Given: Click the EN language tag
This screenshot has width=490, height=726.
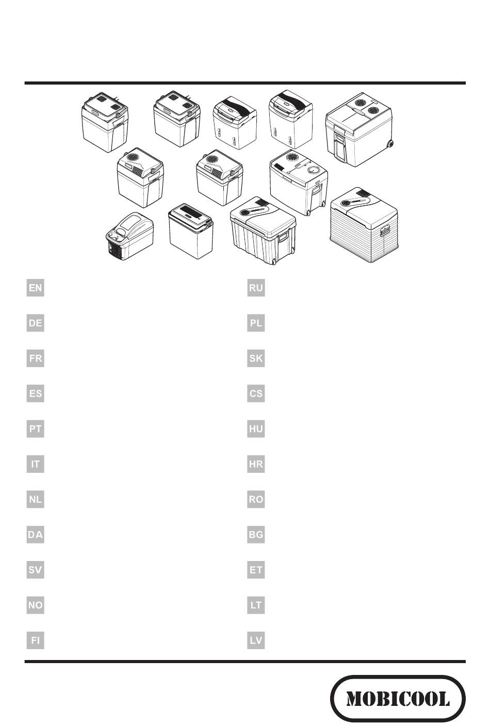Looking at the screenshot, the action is [x=36, y=288].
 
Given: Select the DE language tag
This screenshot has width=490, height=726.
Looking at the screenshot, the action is [x=36, y=323].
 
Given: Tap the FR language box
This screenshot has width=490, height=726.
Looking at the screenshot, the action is [x=36, y=358].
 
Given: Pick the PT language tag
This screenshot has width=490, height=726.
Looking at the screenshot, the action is [x=36, y=429].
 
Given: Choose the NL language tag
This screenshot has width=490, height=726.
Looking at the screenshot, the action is [x=36, y=499].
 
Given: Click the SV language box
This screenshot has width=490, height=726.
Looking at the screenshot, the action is [x=36, y=570].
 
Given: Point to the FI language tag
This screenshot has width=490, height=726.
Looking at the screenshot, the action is [x=36, y=640].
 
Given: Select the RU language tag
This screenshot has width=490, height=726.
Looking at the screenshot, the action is [x=256, y=288].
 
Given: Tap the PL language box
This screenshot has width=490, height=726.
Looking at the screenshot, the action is [x=256, y=323].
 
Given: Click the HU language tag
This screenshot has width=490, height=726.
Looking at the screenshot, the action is [x=256, y=429].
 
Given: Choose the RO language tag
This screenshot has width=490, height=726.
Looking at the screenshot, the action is [x=256, y=499].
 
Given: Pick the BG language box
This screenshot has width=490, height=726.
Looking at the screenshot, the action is [x=256, y=535].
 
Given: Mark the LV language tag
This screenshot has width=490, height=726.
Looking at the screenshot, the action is [x=256, y=640].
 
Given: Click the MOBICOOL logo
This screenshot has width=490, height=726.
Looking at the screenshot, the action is [x=398, y=698].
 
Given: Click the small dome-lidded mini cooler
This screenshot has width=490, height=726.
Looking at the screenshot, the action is [x=129, y=236].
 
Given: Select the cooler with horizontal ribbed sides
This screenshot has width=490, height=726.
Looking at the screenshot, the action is [x=364, y=225].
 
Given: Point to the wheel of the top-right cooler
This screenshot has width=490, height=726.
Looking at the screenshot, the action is [x=390, y=143].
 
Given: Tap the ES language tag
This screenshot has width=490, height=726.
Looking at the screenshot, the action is [x=36, y=393].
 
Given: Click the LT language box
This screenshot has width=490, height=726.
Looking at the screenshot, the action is [x=256, y=605].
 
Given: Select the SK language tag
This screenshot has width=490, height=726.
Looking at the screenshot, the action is [x=256, y=358].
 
